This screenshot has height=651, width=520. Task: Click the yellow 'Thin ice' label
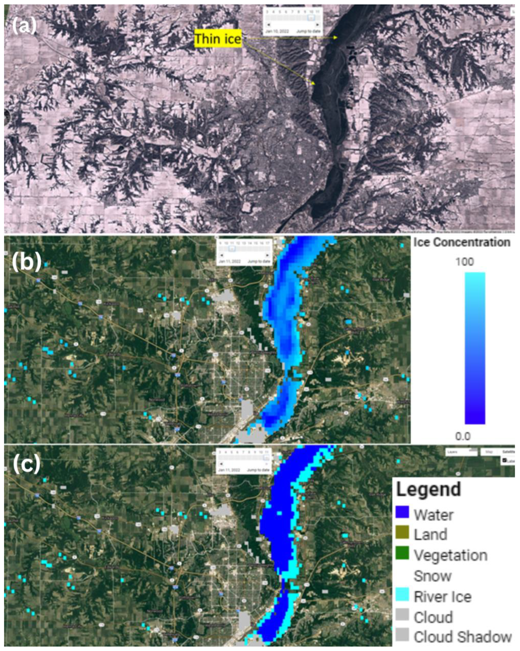[218, 38]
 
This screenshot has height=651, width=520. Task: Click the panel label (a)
[24, 26]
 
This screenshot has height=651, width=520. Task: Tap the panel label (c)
[26, 465]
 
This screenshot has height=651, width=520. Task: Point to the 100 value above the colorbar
[465, 262]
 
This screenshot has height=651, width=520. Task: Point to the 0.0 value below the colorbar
[463, 436]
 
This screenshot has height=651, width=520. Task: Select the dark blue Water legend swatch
[402, 512]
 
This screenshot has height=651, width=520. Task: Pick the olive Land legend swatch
[402, 533]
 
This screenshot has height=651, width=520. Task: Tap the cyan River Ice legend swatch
[402, 594]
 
